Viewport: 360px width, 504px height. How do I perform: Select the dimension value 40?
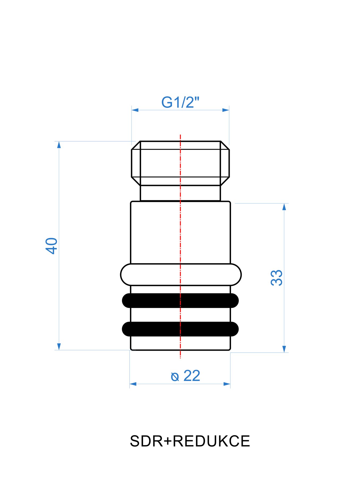pos(51,246)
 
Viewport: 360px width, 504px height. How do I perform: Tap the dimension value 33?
pos(276,278)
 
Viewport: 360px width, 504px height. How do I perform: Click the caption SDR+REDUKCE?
pos(190,441)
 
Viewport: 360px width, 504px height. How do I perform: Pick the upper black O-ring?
pos(180,301)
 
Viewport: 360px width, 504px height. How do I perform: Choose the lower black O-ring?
pos(180,329)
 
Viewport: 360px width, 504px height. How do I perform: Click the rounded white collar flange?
pos(181,275)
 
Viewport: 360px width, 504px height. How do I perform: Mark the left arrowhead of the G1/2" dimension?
pos(135,110)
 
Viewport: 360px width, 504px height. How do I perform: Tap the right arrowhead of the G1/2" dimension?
pos(226,110)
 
